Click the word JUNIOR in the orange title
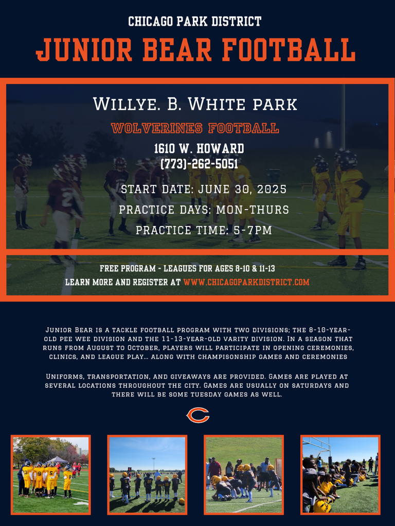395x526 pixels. pyautogui.click(x=84, y=50)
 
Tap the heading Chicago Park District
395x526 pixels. pyautogui.click(x=195, y=22)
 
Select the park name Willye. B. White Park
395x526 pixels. pyautogui.click(x=195, y=104)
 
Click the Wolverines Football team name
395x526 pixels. pyautogui.click(x=195, y=128)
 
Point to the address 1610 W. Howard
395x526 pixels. pyautogui.click(x=199, y=148)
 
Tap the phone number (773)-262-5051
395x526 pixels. pyautogui.click(x=199, y=164)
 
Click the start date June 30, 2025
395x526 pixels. pyautogui.click(x=242, y=189)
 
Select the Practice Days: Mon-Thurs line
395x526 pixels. pyautogui.click(x=204, y=210)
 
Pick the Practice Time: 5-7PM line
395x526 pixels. pyautogui.click(x=204, y=230)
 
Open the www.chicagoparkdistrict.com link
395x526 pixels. pyautogui.click(x=246, y=282)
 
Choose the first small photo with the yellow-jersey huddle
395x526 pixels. pyautogui.click(x=51, y=475)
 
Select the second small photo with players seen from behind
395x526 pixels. pyautogui.click(x=147, y=475)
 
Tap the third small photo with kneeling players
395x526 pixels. pyautogui.click(x=244, y=475)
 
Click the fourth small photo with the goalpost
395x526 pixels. pyautogui.click(x=340, y=475)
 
